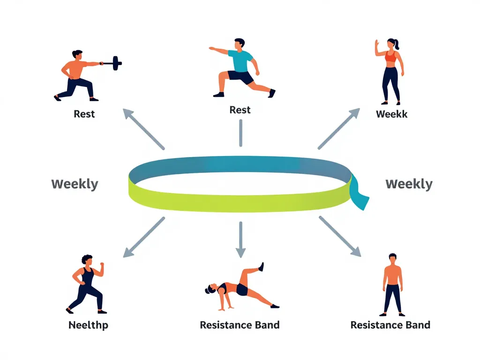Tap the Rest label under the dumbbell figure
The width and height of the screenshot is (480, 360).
point(84,114)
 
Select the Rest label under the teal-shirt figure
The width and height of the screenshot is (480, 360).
point(240,110)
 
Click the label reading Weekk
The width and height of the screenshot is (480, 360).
point(391,114)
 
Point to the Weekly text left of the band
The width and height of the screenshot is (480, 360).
point(75,184)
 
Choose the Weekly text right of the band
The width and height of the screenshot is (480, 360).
point(409,184)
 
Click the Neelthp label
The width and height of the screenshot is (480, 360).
point(88,325)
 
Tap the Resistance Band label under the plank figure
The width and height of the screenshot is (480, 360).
point(240,325)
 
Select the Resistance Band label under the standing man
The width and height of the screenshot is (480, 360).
point(390,325)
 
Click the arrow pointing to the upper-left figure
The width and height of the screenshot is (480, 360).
point(143,128)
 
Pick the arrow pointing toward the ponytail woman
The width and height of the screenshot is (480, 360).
point(339,128)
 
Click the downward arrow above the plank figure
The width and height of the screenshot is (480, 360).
point(240,239)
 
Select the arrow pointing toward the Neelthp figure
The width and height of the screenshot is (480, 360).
point(143,237)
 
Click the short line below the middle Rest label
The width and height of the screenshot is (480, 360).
point(240,133)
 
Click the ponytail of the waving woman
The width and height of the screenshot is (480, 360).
point(397,45)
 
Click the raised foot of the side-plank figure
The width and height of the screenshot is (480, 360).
point(261,266)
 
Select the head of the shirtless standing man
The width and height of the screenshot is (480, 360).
point(393,258)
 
